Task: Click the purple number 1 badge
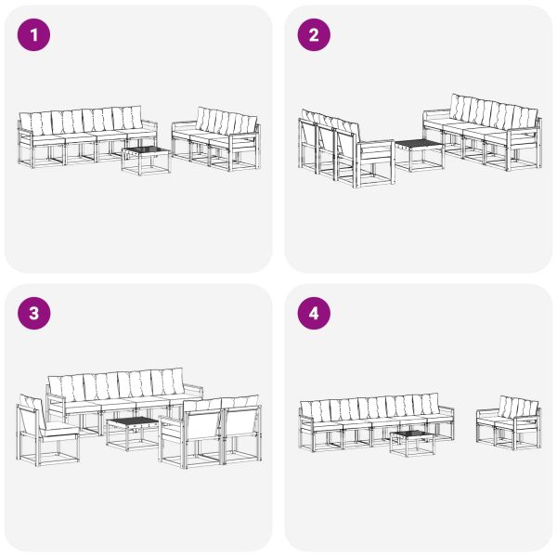(35, 36)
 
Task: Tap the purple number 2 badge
(314, 36)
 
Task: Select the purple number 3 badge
(35, 314)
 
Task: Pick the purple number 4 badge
(314, 314)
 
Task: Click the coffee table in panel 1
(146, 161)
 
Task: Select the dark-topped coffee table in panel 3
(131, 433)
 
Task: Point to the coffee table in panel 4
(412, 443)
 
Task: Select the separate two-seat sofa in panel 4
(509, 422)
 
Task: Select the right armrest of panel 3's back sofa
(193, 389)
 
